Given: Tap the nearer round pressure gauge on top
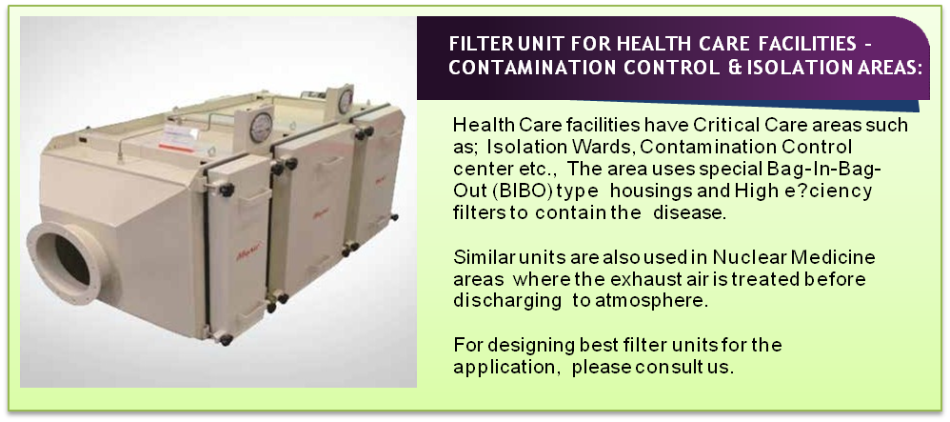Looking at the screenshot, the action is pyautogui.click(x=261, y=127).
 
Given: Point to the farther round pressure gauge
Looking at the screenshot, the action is pyautogui.click(x=346, y=101).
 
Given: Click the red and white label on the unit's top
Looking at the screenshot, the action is pyautogui.click(x=178, y=139).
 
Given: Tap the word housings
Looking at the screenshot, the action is pyautogui.click(x=651, y=192).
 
